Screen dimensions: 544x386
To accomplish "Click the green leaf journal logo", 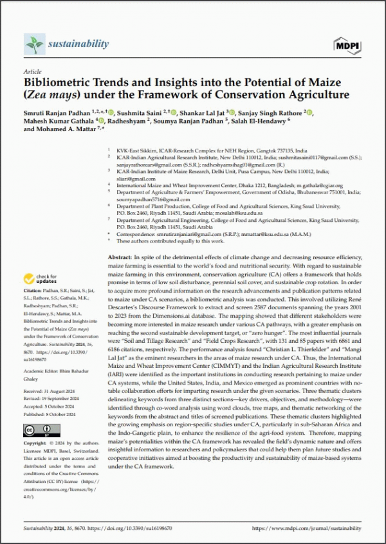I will [x=33, y=44].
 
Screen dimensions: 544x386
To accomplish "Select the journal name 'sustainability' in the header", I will [x=78, y=44].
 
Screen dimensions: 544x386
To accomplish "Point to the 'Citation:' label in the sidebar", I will [x=33, y=294].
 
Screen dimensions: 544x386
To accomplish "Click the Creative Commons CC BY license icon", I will [x=40, y=427].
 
